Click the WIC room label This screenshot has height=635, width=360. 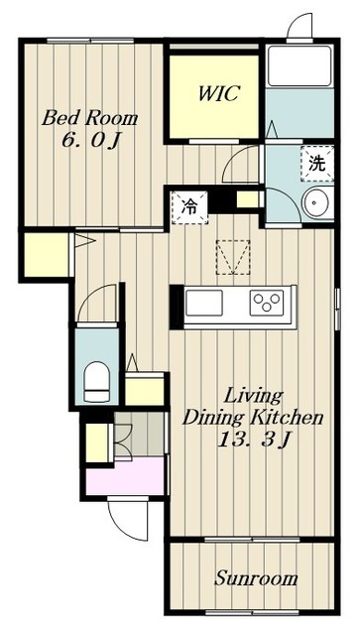(x=218, y=93)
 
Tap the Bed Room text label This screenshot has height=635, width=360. (x=90, y=118)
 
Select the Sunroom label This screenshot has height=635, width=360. (x=256, y=577)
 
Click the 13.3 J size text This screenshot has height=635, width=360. (x=255, y=440)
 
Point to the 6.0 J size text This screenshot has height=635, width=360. (x=91, y=140)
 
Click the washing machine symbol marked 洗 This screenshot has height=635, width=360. (x=317, y=163)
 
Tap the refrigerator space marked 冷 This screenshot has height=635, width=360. (x=189, y=207)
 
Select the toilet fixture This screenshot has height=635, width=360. (x=96, y=381)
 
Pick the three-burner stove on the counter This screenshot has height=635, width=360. (x=267, y=303)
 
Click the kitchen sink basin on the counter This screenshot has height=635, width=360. (x=204, y=303)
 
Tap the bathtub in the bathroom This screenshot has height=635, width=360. (x=300, y=65)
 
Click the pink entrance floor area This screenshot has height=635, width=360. (x=126, y=476)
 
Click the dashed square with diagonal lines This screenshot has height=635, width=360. (x=233, y=258)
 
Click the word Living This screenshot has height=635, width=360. (x=253, y=396)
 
